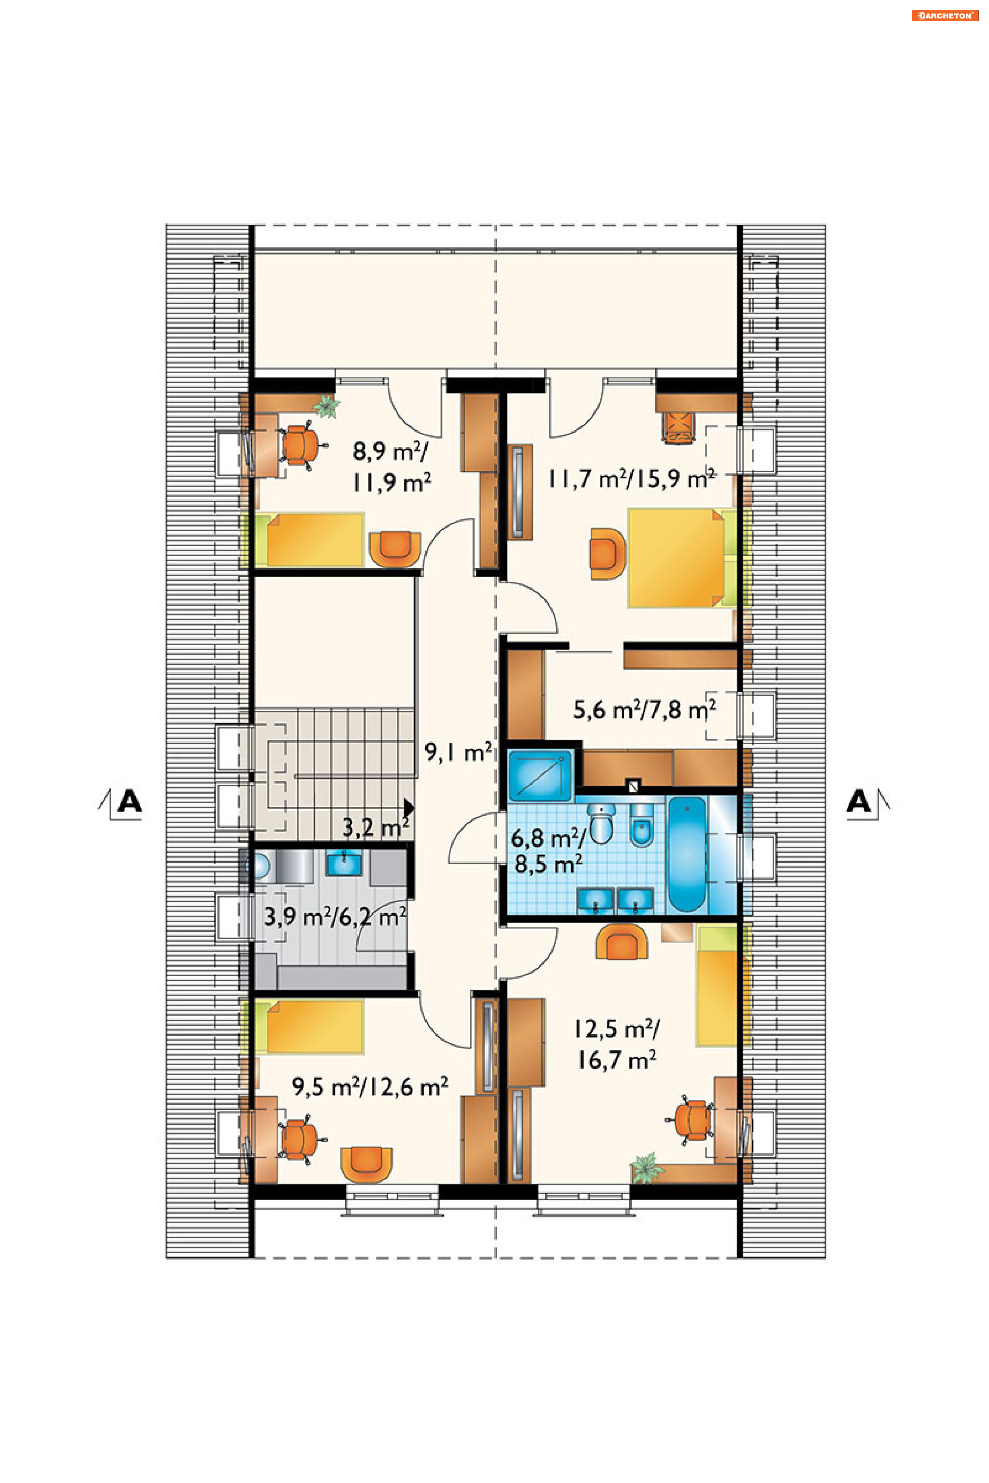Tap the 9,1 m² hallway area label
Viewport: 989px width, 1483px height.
(458, 752)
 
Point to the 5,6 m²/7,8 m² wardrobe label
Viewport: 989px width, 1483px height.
(644, 710)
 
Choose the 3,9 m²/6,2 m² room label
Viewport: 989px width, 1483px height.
(335, 916)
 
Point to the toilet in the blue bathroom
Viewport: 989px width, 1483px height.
(601, 823)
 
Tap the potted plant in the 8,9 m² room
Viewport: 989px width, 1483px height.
(327, 407)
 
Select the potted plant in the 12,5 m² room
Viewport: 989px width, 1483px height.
(646, 1168)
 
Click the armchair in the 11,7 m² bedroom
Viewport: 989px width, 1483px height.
(607, 553)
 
